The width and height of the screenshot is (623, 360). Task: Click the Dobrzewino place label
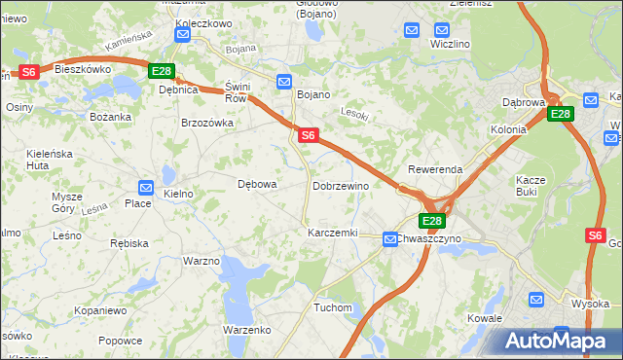pos(340,186)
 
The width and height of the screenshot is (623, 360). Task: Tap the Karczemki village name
pos(333,234)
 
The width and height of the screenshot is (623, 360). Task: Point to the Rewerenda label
pos(435,169)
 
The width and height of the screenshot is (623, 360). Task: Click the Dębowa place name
pos(258,183)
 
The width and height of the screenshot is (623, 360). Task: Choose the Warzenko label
pos(246,330)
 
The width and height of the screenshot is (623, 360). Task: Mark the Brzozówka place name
pos(207,123)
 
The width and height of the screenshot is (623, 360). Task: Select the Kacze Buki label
pos(533,186)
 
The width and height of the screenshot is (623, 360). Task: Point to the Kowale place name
pos(484,318)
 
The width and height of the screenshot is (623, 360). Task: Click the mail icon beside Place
pos(145,188)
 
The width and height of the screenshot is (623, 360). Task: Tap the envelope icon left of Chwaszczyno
pos(389,237)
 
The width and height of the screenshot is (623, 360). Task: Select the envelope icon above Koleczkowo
pos(182,34)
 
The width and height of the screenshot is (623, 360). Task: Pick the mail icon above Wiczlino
pos(413,30)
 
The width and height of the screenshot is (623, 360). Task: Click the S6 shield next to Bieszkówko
pos(29,72)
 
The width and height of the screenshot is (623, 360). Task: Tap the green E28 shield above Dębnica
pos(161,72)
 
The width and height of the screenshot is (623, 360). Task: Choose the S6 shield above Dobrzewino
pos(307,136)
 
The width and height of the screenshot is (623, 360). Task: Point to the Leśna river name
pos(94,208)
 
